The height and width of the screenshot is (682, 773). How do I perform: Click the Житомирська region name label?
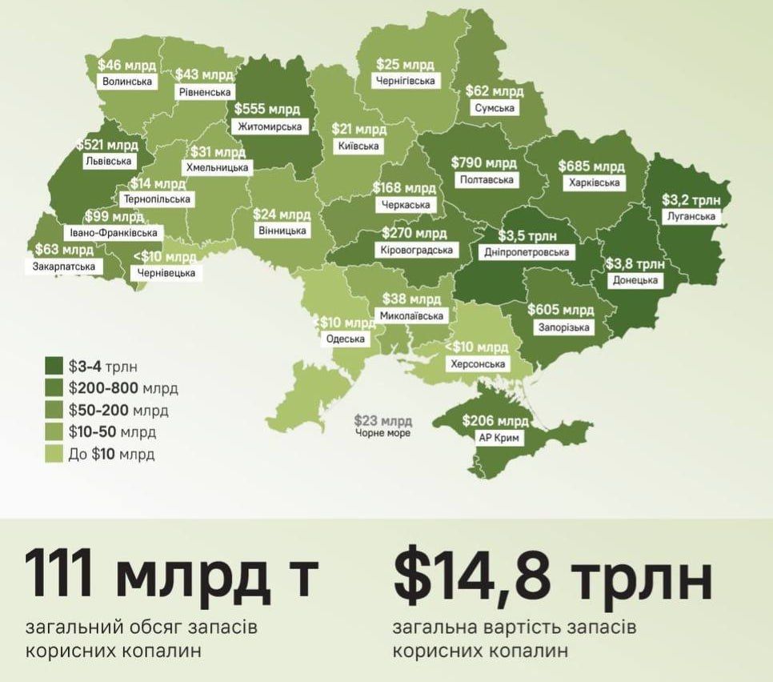click(270, 126)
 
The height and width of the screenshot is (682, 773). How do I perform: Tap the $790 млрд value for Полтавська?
click(484, 162)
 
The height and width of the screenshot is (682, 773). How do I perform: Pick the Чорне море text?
click(383, 433)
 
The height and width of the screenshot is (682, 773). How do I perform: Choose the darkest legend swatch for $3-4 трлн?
click(54, 367)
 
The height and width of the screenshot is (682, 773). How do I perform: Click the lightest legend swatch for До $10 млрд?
click(54, 454)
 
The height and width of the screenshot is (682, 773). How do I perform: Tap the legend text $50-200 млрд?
click(118, 411)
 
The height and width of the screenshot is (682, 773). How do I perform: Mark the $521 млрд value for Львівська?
click(107, 145)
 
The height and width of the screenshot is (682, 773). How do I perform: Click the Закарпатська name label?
click(64, 266)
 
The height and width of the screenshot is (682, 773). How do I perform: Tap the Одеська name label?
click(346, 339)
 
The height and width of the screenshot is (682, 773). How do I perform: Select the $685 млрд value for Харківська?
click(591, 166)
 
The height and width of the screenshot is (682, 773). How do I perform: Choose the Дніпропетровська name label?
click(527, 252)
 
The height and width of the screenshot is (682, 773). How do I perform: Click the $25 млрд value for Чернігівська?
click(406, 64)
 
